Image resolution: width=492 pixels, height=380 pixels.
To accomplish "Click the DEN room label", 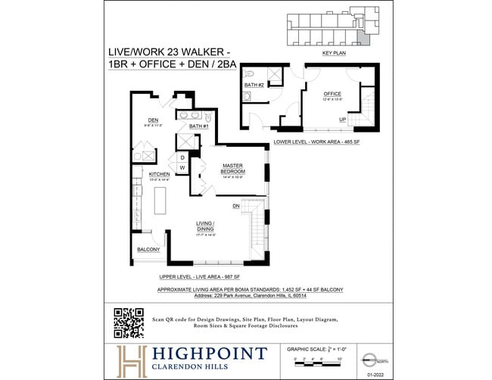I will (x=153, y=120).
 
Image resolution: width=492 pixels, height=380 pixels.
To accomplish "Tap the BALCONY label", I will (x=148, y=250).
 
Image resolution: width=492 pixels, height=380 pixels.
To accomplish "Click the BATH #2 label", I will (x=254, y=85).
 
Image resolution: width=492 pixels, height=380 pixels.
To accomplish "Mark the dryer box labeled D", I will (x=182, y=157).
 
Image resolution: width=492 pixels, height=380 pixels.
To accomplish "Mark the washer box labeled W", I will (x=182, y=167).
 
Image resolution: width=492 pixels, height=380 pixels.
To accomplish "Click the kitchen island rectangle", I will (x=160, y=200).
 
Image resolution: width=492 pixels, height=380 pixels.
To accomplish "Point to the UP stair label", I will (x=342, y=120).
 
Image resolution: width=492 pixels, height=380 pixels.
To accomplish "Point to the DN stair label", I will (x=236, y=205).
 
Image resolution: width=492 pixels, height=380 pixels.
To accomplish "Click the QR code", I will (x=129, y=323).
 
